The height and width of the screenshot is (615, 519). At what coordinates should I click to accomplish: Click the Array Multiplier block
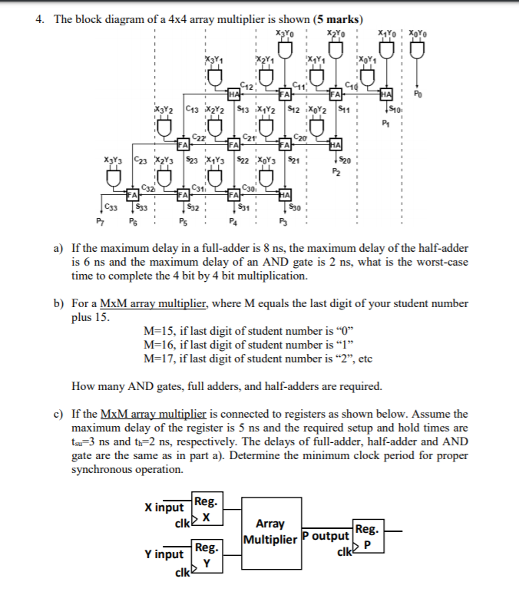pyautogui.click(x=269, y=531)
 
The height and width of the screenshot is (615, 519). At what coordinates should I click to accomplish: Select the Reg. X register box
pyautogui.click(x=207, y=511)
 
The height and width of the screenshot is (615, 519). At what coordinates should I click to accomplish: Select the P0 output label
pyautogui.click(x=417, y=97)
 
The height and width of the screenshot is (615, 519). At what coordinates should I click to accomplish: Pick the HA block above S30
pyautogui.click(x=284, y=194)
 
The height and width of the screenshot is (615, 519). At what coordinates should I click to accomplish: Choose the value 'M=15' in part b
pyautogui.click(x=160, y=330)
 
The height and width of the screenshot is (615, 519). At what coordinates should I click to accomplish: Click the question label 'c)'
pyautogui.click(x=58, y=414)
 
